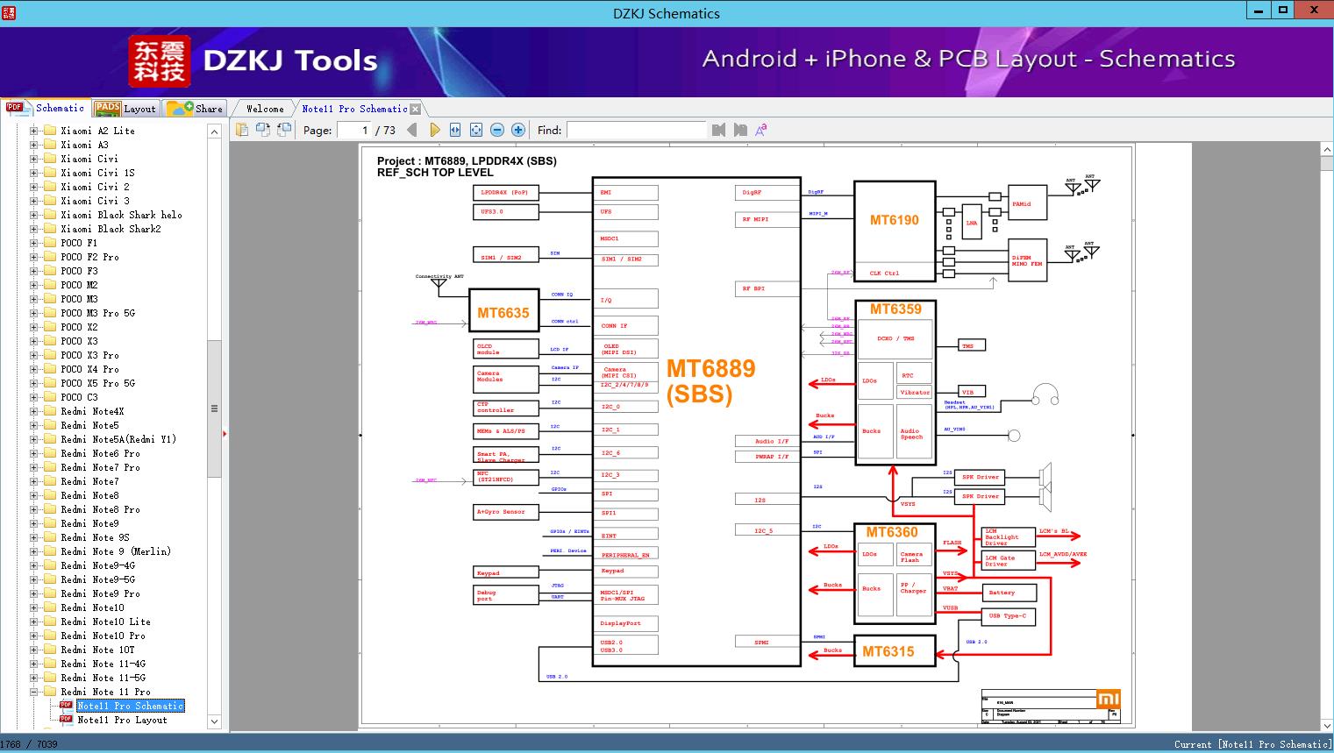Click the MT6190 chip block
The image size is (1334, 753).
click(x=894, y=220)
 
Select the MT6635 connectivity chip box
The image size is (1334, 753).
click(x=503, y=312)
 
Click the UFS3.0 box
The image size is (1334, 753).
click(x=504, y=211)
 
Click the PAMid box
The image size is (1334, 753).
click(x=1027, y=203)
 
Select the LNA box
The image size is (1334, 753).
click(x=972, y=223)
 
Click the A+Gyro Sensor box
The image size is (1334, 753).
click(x=504, y=511)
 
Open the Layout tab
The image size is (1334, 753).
click(x=126, y=109)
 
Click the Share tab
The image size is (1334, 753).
click(x=196, y=109)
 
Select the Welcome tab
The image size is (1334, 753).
click(x=265, y=109)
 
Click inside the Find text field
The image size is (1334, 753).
click(x=636, y=130)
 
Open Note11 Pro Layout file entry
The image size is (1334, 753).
click(x=122, y=720)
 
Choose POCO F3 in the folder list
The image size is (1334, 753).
click(x=79, y=271)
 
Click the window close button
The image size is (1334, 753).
click(x=1314, y=11)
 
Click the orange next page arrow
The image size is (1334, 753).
click(x=434, y=130)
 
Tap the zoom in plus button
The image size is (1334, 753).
click(x=518, y=130)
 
